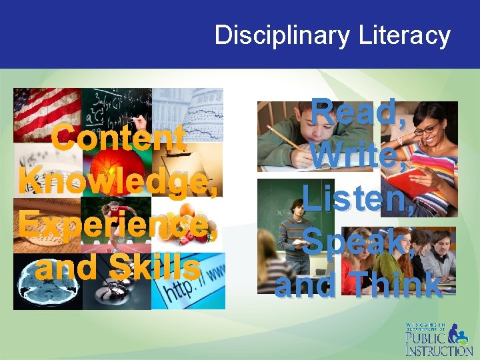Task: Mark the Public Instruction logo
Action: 438,339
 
